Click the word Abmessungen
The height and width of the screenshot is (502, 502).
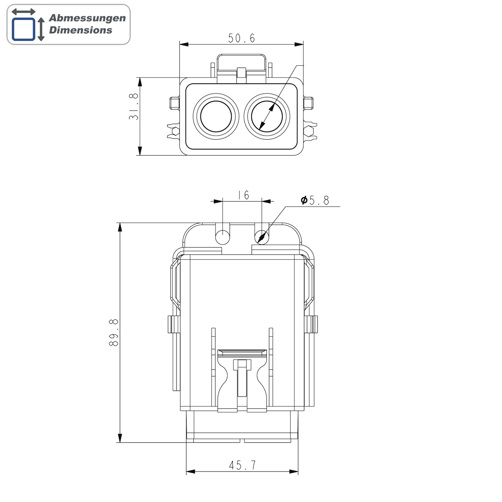(87, 18)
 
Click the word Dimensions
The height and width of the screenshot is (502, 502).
(80, 30)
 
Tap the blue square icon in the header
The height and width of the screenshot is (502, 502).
(23, 29)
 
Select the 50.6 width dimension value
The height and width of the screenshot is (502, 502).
(241, 38)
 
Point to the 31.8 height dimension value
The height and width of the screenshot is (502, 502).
(133, 107)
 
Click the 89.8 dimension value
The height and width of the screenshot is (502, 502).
(114, 333)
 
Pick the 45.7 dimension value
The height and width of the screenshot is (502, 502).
(243, 465)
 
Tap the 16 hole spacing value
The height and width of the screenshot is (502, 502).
(243, 195)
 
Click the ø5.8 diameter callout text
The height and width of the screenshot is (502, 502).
(315, 200)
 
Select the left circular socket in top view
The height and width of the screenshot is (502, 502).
(216, 116)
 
